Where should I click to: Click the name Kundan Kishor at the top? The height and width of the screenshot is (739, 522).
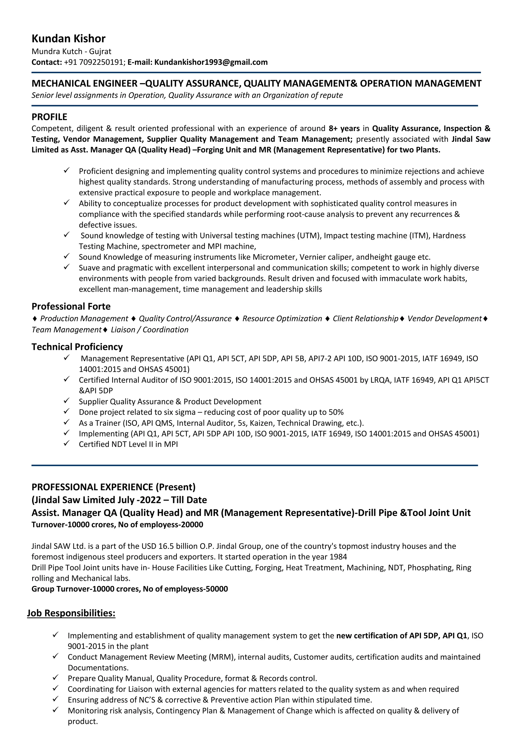[x=68, y=39]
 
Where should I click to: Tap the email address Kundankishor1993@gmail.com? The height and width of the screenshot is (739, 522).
[x=211, y=62]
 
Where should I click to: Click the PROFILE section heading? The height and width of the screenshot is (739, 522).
[x=49, y=117]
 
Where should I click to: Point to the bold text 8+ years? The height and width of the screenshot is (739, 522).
[x=344, y=128]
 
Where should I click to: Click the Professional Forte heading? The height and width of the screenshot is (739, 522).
[x=71, y=306]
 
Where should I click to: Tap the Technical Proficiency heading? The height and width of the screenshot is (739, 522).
[x=77, y=347]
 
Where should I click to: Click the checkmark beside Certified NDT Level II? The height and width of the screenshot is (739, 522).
[x=67, y=444]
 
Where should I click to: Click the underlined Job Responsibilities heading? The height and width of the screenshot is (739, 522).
[x=71, y=613]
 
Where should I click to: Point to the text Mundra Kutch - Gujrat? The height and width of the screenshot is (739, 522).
[x=71, y=52]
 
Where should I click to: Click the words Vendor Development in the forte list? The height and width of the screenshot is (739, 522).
[x=444, y=319]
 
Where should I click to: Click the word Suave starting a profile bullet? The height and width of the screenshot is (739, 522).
[x=88, y=268]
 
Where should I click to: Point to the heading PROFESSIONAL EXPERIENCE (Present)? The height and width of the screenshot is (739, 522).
[x=113, y=487]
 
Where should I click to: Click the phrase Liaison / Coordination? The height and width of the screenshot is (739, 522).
[x=149, y=330]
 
